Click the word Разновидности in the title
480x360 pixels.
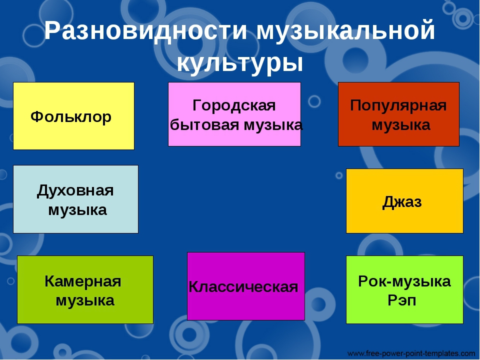pyautogui.click(x=145, y=30)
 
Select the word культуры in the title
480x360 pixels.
pyautogui.click(x=240, y=64)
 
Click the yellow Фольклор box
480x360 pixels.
pyautogui.click(x=74, y=116)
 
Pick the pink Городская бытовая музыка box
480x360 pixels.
pyautogui.click(x=234, y=114)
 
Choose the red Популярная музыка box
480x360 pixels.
pyautogui.click(x=398, y=114)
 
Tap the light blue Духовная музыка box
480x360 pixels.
pyautogui.click(x=75, y=199)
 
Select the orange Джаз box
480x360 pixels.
pyautogui.click(x=404, y=201)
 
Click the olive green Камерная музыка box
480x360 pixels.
pyautogui.click(x=85, y=289)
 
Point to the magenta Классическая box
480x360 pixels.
pyautogui.click(x=246, y=286)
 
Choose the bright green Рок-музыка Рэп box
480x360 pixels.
pyautogui.click(x=404, y=289)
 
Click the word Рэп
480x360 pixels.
pyautogui.click(x=402, y=300)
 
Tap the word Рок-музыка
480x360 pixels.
pyautogui.click(x=404, y=281)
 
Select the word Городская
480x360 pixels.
pyautogui.click(x=234, y=106)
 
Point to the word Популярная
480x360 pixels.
pyautogui.click(x=398, y=106)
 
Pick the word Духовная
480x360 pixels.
pyautogui.click(x=75, y=190)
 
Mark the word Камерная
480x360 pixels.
pyautogui.click(x=83, y=281)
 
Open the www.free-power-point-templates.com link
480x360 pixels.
pyautogui.click(x=411, y=354)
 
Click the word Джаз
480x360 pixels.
pyautogui.click(x=402, y=202)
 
